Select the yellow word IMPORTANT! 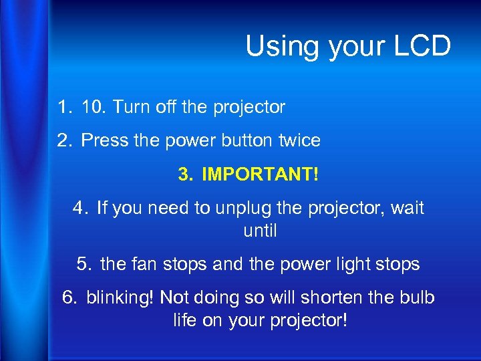click(260, 175)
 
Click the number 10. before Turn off click(94, 107)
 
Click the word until click(260, 231)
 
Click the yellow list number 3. click(184, 175)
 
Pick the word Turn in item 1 click(128, 107)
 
